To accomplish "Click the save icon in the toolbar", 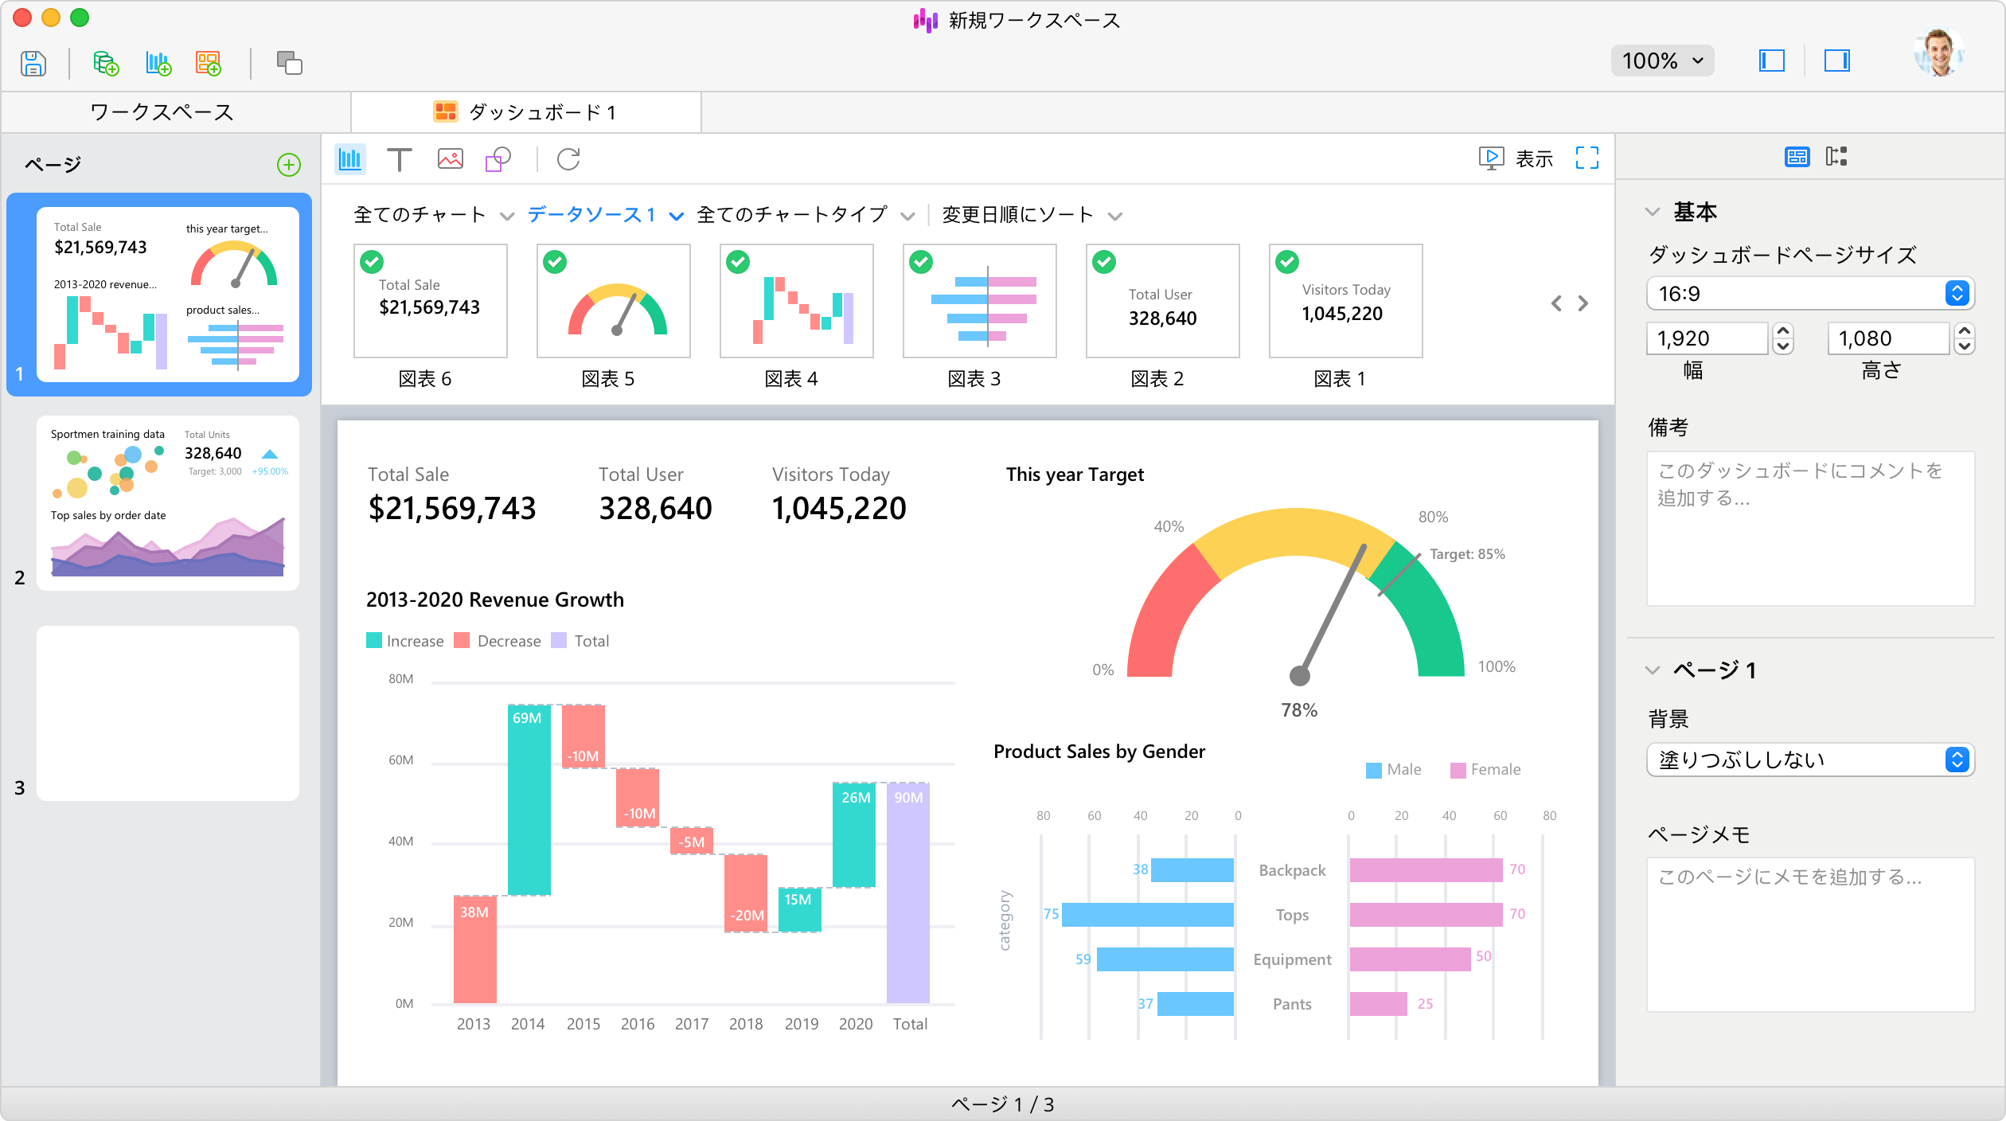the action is click(33, 63).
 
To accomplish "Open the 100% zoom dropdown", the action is click(1662, 61).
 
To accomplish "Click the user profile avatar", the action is click(1939, 53).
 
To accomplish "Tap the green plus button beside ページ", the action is click(288, 165).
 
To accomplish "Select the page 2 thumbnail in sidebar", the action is click(168, 502).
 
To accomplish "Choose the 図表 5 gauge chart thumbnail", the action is click(613, 301).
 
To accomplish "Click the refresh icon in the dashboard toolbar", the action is click(568, 159).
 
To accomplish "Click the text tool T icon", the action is click(399, 159).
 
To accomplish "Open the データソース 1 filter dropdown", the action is click(605, 215).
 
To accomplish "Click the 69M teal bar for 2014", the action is click(529, 800).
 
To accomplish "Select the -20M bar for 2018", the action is click(746, 893).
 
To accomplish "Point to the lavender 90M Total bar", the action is click(908, 893).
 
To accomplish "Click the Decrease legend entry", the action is click(498, 641).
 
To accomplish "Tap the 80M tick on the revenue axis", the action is click(401, 679).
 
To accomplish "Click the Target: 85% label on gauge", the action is click(1467, 554).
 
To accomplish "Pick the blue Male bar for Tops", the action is click(1148, 915).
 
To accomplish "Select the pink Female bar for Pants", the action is click(1379, 1004).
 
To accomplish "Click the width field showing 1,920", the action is click(1707, 338).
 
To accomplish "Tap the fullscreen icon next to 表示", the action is click(1587, 158).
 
